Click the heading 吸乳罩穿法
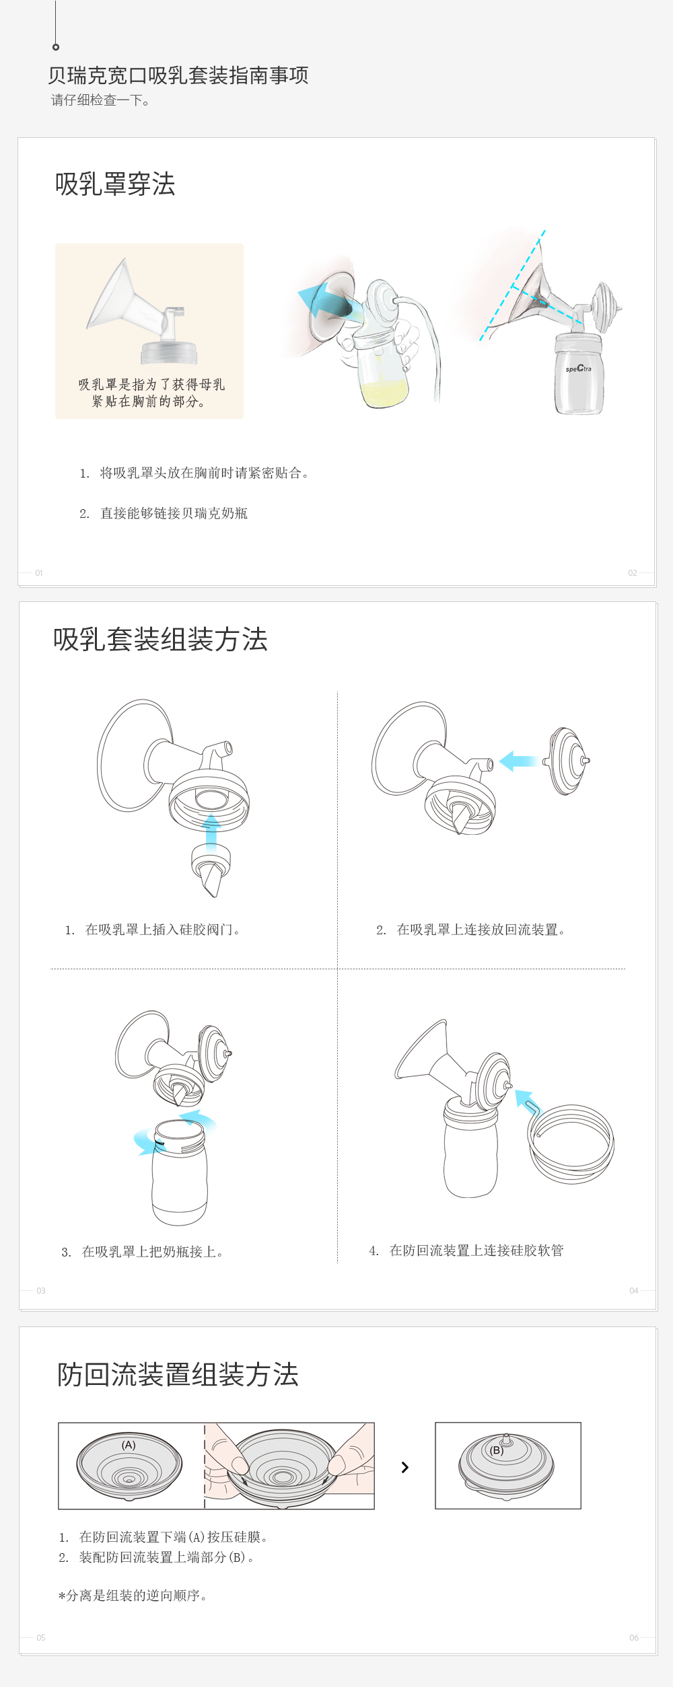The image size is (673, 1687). click(115, 184)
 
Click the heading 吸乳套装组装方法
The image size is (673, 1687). click(160, 639)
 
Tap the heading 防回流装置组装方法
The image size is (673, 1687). click(178, 1374)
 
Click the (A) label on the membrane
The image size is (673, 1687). click(129, 1445)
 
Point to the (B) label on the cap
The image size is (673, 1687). click(497, 1450)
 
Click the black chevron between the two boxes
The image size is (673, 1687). click(405, 1467)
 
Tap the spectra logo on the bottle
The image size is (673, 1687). click(579, 368)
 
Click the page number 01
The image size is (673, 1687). click(39, 573)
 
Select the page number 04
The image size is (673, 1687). click(634, 1290)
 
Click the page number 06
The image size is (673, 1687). click(634, 1637)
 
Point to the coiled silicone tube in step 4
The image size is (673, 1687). click(572, 1143)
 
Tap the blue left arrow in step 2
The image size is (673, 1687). click(519, 761)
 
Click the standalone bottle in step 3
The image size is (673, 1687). click(180, 1172)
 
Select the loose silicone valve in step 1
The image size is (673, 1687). click(211, 870)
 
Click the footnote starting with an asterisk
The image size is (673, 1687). click(133, 1596)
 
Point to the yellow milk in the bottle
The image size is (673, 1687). click(384, 392)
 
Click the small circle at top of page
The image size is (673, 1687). click(56, 47)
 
